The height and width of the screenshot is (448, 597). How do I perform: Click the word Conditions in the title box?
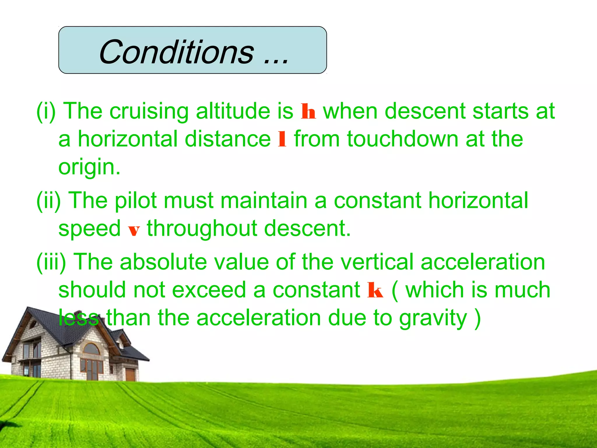pyautogui.click(x=177, y=52)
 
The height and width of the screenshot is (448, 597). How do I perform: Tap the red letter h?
pyautogui.click(x=308, y=112)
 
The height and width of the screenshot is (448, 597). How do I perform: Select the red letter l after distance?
pyautogui.click(x=282, y=139)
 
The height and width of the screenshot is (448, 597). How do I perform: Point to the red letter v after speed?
pyautogui.click(x=134, y=230)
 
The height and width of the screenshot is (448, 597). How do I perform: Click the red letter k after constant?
pyautogui.click(x=375, y=290)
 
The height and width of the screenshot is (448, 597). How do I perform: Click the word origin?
pyautogui.click(x=89, y=167)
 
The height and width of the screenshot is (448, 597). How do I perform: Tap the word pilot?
pyautogui.click(x=136, y=201)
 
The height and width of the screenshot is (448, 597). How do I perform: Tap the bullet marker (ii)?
pyautogui.click(x=48, y=201)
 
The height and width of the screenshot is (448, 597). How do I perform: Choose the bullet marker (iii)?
pyautogui.click(x=51, y=262)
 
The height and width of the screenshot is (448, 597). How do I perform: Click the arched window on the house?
pyautogui.click(x=92, y=349)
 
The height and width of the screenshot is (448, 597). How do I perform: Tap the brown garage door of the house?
pyautogui.click(x=130, y=374)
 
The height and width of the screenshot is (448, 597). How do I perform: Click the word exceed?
pyautogui.click(x=209, y=290)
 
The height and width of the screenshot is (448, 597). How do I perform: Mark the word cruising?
pyautogui.click(x=149, y=112)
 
